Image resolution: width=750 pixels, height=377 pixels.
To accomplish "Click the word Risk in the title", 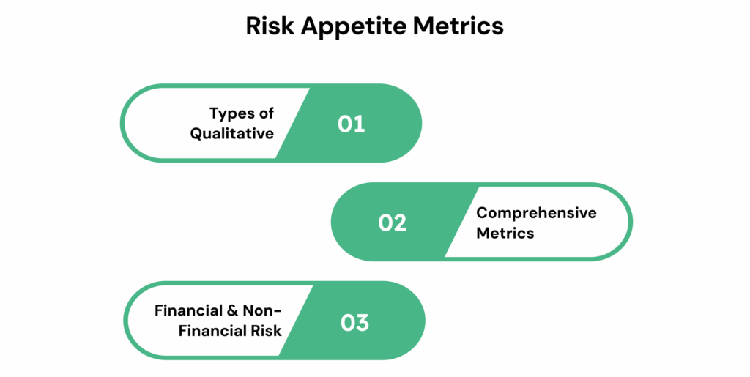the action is [x=270, y=26].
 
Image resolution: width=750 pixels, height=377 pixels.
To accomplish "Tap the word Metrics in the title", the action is [x=458, y=26].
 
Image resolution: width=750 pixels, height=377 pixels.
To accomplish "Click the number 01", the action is [x=351, y=124].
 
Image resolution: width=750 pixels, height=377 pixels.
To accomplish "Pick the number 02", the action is [x=393, y=223].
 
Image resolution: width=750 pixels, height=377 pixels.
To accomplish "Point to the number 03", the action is [x=354, y=323].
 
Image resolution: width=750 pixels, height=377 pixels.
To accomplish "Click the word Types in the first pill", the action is [x=231, y=114].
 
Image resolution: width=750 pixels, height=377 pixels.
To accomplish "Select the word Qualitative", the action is [x=232, y=134].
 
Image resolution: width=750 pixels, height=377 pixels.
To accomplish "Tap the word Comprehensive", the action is [x=536, y=214].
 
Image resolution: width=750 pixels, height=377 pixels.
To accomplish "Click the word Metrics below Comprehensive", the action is [x=505, y=234].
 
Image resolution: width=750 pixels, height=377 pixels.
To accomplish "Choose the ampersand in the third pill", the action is [x=232, y=310].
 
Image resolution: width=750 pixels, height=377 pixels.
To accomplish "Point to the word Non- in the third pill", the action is [x=261, y=310].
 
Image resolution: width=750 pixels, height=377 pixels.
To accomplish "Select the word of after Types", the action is [x=266, y=113].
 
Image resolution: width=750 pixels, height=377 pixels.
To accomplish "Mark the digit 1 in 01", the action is [x=360, y=124].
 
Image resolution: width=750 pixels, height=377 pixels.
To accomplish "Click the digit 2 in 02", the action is [x=400, y=223].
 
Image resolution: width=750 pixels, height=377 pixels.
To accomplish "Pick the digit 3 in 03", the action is [x=362, y=323].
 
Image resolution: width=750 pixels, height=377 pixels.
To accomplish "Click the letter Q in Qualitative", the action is [x=197, y=133].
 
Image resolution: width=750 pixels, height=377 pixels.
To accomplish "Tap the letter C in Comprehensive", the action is [x=483, y=212].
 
